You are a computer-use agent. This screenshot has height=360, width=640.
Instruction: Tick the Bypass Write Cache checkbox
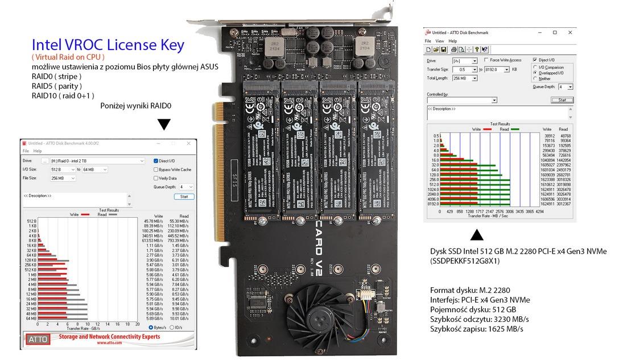point(156,169)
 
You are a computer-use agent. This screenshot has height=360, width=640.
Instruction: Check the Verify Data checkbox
point(156,178)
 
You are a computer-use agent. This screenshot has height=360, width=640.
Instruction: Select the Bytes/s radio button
point(151,328)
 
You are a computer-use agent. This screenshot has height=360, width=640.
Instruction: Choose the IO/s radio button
point(172,328)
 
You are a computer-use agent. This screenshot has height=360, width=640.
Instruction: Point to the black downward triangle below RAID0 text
point(164,125)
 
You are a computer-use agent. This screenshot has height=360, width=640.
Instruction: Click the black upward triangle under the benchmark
point(477,235)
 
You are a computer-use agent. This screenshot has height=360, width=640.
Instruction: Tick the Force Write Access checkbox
point(485,60)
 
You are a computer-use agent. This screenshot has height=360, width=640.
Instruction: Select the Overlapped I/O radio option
point(535,73)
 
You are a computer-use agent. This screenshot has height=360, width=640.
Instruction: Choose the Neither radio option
point(535,78)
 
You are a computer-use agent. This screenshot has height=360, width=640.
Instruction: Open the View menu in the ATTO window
point(439,41)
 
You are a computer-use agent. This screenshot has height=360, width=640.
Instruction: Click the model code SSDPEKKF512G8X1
point(464,260)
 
